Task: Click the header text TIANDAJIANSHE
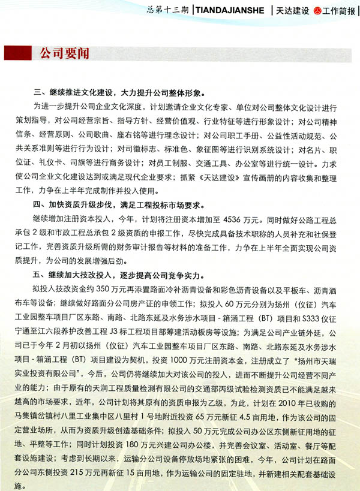231,11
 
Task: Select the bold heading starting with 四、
120,204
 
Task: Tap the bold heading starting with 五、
120,276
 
